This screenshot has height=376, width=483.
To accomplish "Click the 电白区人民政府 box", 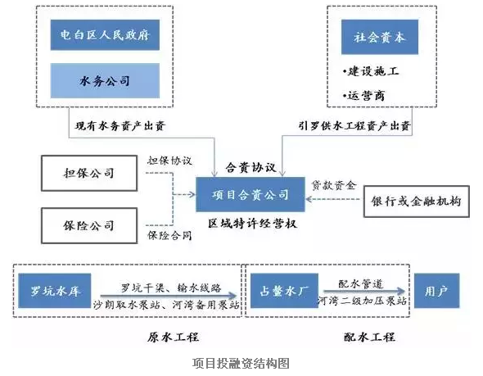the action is pos(105,35).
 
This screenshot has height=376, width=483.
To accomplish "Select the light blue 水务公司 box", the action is pos(105,81).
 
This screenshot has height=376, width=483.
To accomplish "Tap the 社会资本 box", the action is pos(380,37).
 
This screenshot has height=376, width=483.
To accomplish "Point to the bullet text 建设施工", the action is pos(371,71).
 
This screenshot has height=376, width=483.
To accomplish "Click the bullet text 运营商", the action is pos(363,96).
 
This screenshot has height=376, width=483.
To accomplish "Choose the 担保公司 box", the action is pos(89,173).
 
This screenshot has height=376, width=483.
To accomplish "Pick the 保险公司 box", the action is pos(89,225).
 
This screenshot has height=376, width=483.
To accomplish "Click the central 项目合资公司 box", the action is pos(251,194).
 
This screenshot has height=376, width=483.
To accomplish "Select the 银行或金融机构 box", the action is pos(417,202).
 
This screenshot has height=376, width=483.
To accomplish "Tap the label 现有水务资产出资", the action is pos(120,126).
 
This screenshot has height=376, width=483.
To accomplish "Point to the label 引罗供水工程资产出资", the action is pos(354,126).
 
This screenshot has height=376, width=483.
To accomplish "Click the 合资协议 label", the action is pos(251,167).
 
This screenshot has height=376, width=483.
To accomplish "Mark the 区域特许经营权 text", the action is pos(252,224).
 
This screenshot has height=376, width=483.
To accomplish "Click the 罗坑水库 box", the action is pos(55,291).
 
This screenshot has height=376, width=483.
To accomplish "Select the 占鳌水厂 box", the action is pos(284,291).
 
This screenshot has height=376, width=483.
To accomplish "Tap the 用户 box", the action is pos(437,291).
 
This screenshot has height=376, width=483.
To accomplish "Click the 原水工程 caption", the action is pos(173,337).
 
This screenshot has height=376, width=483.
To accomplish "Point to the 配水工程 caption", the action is pos(369,337).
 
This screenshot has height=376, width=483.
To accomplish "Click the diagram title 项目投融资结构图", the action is pos(241,363).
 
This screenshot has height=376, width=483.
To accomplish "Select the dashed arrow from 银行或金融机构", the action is pos(333,199).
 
